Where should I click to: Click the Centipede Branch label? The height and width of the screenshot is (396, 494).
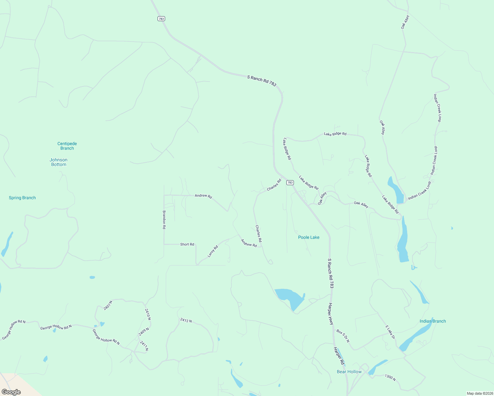(67, 146)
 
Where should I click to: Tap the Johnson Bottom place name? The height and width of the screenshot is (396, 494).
(58, 162)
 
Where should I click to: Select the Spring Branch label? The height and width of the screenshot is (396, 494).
(22, 198)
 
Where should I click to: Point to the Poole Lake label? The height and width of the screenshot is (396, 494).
(309, 237)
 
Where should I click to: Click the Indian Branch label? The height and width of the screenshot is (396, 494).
(433, 321)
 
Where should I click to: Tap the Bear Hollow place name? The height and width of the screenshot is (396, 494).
(349, 372)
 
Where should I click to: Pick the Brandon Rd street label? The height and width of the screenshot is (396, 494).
(164, 220)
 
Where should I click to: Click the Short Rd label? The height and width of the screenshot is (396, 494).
(187, 244)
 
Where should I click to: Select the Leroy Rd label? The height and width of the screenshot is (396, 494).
(213, 251)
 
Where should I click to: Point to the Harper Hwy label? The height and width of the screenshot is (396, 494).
(331, 314)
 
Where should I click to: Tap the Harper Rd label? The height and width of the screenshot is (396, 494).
(339, 356)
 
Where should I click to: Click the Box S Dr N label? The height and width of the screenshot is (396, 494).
(343, 336)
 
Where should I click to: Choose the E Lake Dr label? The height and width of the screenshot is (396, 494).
(390, 332)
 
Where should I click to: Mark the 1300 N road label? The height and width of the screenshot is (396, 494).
(390, 377)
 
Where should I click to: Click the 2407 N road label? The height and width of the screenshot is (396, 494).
(108, 305)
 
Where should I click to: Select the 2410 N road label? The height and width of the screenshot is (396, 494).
(148, 314)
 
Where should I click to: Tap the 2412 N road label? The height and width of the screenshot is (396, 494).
(186, 320)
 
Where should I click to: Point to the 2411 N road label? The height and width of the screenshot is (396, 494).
(144, 346)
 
